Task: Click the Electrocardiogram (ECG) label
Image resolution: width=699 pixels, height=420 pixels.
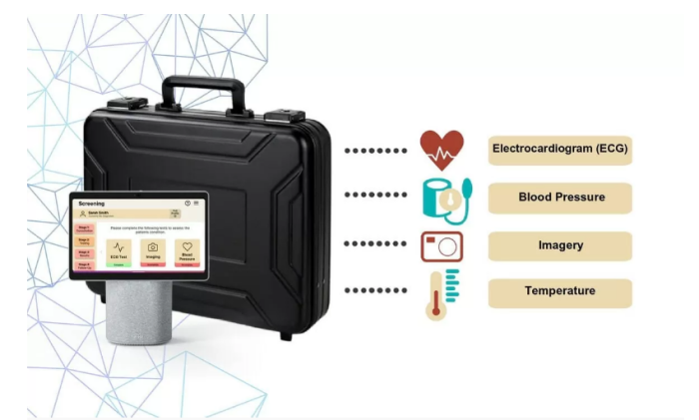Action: (x=560, y=150)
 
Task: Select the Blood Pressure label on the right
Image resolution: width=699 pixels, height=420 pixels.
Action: (x=560, y=198)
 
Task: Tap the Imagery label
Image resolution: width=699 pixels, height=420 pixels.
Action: (x=560, y=245)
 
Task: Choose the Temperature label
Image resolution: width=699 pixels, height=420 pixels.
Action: (x=560, y=292)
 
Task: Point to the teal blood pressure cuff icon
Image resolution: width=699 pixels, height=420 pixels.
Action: (x=444, y=198)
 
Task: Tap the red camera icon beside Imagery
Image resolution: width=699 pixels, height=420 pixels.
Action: (x=441, y=245)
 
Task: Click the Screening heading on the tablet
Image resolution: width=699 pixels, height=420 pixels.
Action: (x=91, y=203)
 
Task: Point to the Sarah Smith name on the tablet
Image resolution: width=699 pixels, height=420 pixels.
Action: (x=98, y=211)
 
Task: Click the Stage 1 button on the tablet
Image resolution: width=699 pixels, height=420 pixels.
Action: (x=83, y=228)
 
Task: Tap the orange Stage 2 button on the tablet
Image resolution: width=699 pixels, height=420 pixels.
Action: (x=83, y=240)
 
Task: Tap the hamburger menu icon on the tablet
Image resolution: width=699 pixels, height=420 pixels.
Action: (x=197, y=203)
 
